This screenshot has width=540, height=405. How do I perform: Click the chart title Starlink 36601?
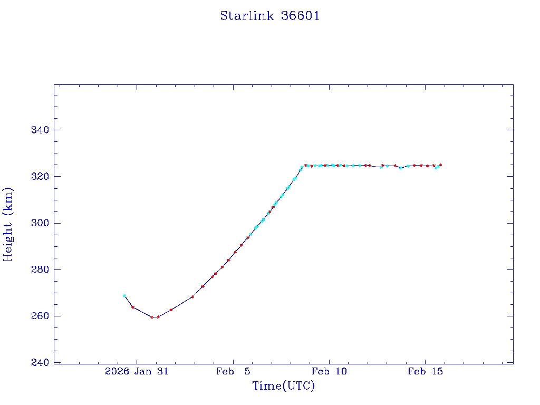point(269,16)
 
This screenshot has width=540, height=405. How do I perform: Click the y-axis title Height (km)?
point(8,224)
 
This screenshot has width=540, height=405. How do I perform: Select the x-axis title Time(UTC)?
point(283,386)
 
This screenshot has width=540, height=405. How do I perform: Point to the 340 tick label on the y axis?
point(39,130)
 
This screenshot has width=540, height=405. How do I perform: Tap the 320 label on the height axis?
point(39,177)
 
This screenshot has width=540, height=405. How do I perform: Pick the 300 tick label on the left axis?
point(39,223)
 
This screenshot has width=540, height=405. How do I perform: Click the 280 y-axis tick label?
point(39,269)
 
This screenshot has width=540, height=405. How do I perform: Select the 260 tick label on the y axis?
point(39,316)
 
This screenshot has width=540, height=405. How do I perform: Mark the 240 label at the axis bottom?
point(39,363)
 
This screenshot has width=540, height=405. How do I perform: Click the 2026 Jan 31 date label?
point(137,371)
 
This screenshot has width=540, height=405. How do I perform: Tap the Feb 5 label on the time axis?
point(233,371)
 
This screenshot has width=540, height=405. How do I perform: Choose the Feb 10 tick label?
point(329,371)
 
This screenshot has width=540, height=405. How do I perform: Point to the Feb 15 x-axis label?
point(425,371)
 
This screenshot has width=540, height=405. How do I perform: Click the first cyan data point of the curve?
point(124,296)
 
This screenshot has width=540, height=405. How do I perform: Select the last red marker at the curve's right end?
point(440,165)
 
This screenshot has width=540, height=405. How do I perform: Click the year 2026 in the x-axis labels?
point(117,371)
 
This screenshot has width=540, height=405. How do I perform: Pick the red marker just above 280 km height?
point(222,267)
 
